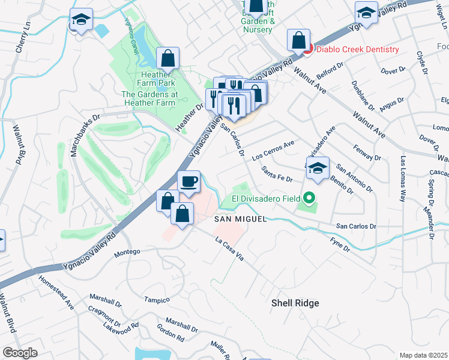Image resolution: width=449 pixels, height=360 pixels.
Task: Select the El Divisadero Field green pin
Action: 309,197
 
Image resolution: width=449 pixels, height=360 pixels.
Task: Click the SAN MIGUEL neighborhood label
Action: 241,220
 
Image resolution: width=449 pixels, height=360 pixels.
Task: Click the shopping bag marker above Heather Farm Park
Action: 168,59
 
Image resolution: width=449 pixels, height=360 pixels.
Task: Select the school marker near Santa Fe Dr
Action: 318,168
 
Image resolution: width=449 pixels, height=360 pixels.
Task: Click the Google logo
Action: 20,353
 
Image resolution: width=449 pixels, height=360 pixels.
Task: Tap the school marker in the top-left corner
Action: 80,20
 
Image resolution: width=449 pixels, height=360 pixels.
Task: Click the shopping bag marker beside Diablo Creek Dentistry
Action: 298,41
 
